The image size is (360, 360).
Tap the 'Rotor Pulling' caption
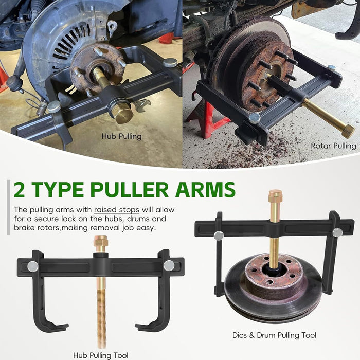click(x=333, y=146)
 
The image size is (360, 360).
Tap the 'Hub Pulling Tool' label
click(x=101, y=355)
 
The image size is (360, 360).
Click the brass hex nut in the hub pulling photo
click(x=123, y=113)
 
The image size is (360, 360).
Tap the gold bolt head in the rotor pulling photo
click(x=348, y=131)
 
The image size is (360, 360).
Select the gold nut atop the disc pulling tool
click(x=275, y=196)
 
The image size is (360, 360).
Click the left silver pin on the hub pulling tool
click(x=32, y=266)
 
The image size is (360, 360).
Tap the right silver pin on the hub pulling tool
click(x=168, y=265)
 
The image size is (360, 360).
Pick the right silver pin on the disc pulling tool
click(x=337, y=232)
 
